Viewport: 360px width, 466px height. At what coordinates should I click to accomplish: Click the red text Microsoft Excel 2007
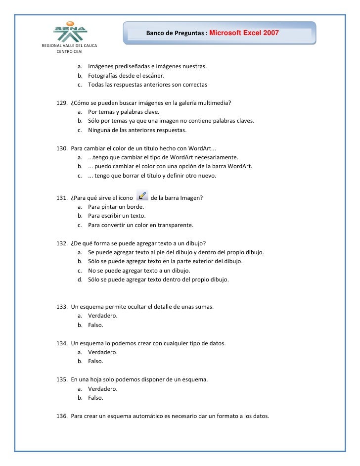244,33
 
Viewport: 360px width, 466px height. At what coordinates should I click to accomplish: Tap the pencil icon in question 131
141,196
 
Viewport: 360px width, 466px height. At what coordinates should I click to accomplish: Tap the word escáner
151,76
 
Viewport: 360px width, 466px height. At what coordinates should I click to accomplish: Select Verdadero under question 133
102,316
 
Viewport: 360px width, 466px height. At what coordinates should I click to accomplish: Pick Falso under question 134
95,361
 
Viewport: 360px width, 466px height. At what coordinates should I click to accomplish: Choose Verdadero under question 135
102,388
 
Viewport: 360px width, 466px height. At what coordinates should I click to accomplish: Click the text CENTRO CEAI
70,51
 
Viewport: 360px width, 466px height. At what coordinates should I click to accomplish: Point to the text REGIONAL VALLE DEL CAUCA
69,46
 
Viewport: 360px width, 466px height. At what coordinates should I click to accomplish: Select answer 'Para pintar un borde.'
116,207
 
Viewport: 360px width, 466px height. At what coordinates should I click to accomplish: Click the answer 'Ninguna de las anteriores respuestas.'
137,130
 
